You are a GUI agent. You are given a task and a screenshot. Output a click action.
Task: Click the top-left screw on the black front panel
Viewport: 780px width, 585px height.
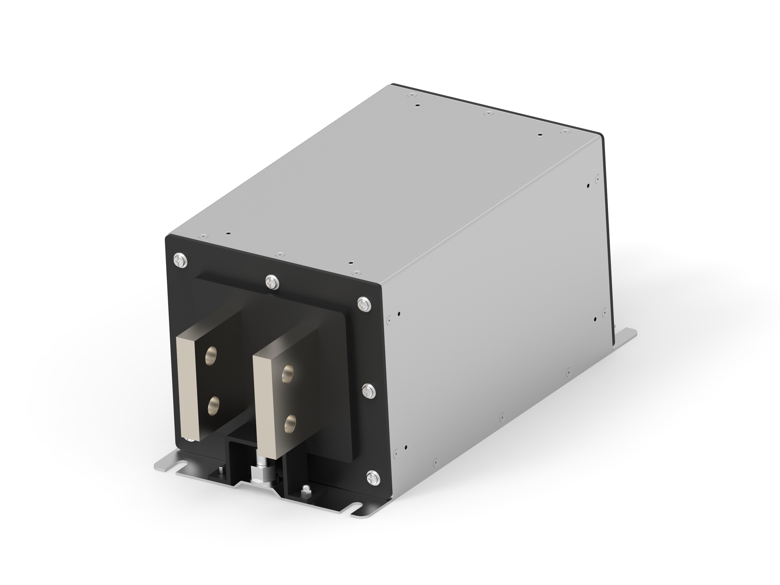pos(180,261)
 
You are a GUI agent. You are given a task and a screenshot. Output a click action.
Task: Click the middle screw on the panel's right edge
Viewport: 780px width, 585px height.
pos(369,390)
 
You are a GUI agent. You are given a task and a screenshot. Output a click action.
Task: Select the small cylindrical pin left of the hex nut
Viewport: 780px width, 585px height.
pos(221,470)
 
